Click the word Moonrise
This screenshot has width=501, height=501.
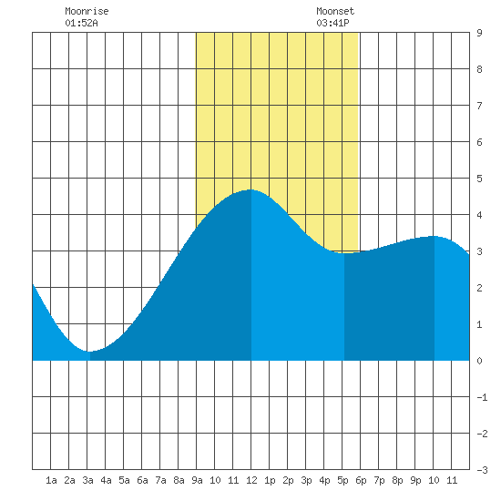point(87,11)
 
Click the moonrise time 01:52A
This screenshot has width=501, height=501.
point(81,23)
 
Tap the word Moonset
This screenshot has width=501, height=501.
point(335,11)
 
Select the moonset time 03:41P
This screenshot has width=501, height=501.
point(332,23)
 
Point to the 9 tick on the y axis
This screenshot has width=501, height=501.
point(479,33)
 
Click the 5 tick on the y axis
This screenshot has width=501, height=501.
point(479,179)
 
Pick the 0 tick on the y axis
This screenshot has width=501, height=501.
point(479,361)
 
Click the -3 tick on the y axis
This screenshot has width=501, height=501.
point(482,470)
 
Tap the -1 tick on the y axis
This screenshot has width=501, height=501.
point(482,397)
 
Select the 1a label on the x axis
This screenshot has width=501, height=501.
point(51,480)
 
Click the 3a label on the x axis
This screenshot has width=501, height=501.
point(87,480)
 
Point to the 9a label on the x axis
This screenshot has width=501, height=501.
point(197,480)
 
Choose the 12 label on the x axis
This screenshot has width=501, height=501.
point(251,480)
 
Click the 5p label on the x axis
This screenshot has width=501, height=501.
point(343,480)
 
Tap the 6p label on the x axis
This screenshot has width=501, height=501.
point(361,480)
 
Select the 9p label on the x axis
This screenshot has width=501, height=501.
point(415,480)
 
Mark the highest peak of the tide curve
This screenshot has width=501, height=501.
point(251,189)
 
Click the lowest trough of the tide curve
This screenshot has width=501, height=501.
point(90,352)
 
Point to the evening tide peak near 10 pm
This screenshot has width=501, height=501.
point(434,236)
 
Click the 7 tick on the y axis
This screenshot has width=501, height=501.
point(479,106)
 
